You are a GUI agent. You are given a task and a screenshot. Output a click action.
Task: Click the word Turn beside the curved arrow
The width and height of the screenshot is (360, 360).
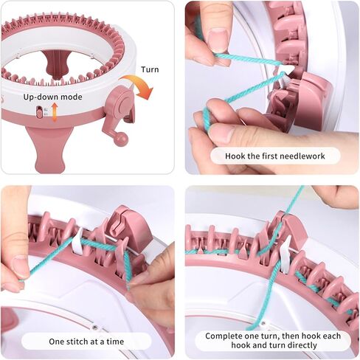click(x=150, y=69)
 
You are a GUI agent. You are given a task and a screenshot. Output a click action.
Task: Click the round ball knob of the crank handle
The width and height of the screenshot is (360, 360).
click(x=121, y=139)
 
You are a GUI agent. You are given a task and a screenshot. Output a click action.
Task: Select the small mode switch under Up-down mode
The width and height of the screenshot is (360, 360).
click(x=39, y=112)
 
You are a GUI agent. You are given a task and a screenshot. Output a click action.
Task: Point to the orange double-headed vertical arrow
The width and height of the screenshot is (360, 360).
click(x=55, y=112)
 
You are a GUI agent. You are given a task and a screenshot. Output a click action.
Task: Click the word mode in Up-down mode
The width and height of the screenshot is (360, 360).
click(x=71, y=97)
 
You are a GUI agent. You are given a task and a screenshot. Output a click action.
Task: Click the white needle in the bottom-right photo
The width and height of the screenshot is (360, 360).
click(x=285, y=253)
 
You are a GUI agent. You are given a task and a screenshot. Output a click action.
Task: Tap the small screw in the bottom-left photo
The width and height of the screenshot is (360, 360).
click(x=94, y=328)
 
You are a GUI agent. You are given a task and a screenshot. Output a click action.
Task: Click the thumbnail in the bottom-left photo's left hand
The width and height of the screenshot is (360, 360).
click(x=20, y=267)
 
